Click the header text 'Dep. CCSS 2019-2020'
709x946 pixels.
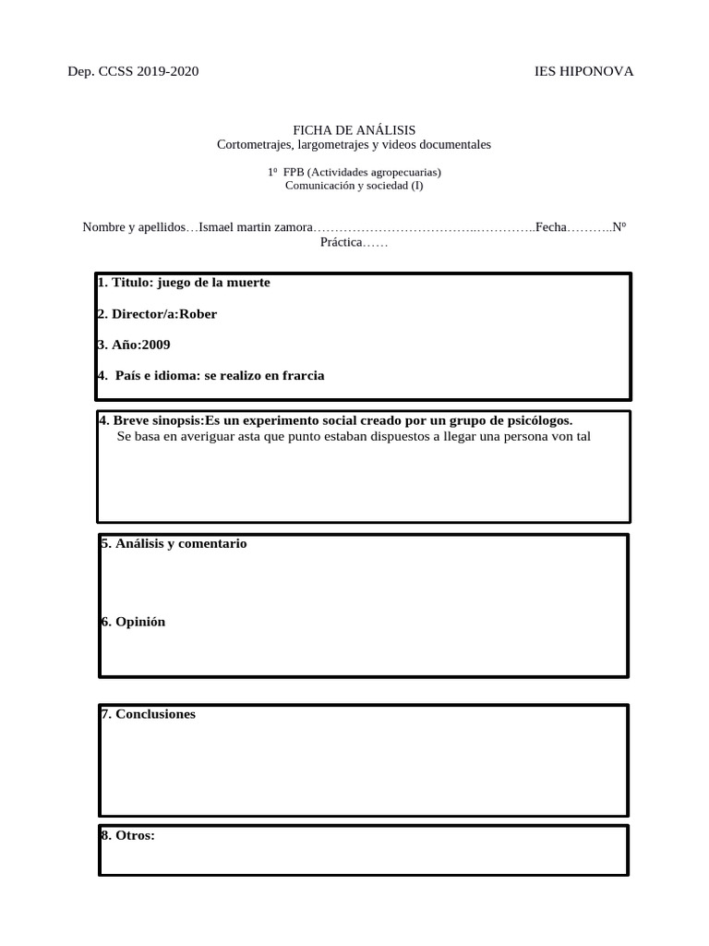133,72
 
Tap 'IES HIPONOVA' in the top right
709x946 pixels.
584,72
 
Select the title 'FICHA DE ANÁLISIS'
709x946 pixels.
354,130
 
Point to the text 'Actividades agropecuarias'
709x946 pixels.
374,172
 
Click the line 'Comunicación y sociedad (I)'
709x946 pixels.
354,185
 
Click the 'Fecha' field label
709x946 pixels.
550,227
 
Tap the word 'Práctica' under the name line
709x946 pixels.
341,242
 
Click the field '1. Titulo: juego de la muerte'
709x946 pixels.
184,283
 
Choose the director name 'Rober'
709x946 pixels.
198,314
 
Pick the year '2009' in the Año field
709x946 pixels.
154,345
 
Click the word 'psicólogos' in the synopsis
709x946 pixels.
535,420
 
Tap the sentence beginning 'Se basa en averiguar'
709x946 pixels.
353,436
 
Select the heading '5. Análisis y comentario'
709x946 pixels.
174,544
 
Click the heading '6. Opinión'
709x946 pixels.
133,622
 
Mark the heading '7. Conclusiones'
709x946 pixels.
148,714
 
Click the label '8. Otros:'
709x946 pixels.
127,835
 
